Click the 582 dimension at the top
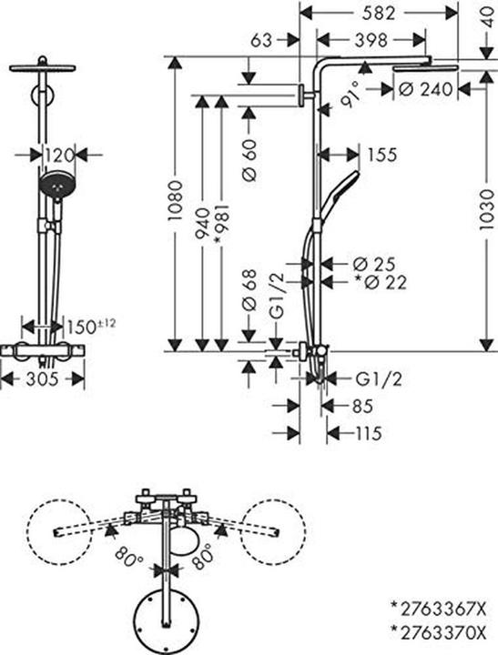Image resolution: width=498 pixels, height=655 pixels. click(x=380, y=14)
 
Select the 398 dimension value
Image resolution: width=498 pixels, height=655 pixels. click(x=371, y=41)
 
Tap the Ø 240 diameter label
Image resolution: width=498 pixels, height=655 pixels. click(x=425, y=89)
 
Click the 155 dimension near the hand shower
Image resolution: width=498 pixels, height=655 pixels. click(x=381, y=155)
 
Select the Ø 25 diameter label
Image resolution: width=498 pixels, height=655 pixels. click(x=374, y=264)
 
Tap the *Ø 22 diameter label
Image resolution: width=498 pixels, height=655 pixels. click(x=380, y=283)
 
